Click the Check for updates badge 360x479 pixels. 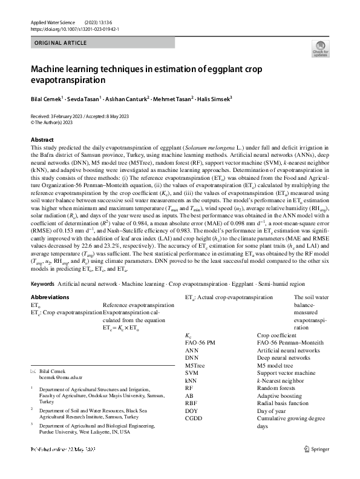[x=319, y=50]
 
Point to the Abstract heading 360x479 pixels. [x=42, y=140]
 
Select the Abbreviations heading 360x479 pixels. [x=50, y=297]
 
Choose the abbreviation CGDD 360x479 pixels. [x=194, y=418]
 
